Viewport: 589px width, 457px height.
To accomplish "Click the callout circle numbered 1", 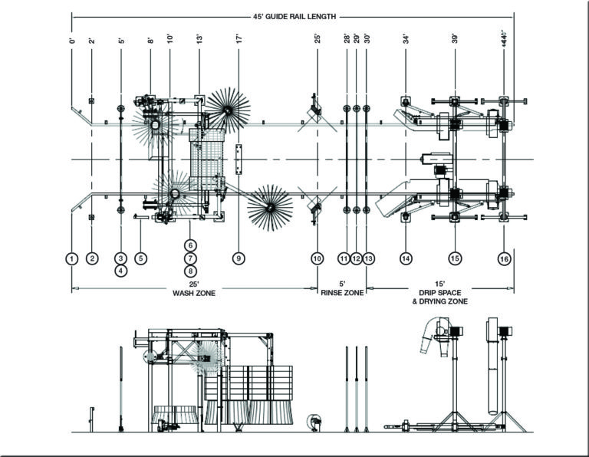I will coord(72,258).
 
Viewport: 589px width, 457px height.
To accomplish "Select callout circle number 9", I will coord(239,258).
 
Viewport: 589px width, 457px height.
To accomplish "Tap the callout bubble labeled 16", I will coord(504,258).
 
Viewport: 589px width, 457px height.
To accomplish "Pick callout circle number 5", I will coord(140,258).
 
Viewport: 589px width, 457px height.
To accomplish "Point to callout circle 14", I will coord(406,258).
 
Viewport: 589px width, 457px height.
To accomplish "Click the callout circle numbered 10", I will coord(318,258).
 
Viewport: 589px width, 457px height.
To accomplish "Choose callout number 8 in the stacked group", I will coord(191,271).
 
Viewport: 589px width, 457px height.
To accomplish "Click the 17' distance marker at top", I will coord(239,38).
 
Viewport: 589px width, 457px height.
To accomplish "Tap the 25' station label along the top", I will coord(318,38).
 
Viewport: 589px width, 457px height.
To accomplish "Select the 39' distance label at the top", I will coord(455,38).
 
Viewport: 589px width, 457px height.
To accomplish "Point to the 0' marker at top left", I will coord(72,39).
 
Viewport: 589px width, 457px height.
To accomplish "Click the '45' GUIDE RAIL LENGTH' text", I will coord(294,15).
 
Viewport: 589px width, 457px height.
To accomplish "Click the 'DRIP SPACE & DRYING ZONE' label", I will coord(442,297).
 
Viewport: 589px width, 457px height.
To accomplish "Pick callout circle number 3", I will coord(120,258).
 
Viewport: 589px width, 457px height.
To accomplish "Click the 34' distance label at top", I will coord(406,38).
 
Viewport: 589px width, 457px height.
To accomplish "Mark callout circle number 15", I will coord(455,258).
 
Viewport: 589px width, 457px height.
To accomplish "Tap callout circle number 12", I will coord(356,258).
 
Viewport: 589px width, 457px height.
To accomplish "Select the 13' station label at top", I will coord(199,38).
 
